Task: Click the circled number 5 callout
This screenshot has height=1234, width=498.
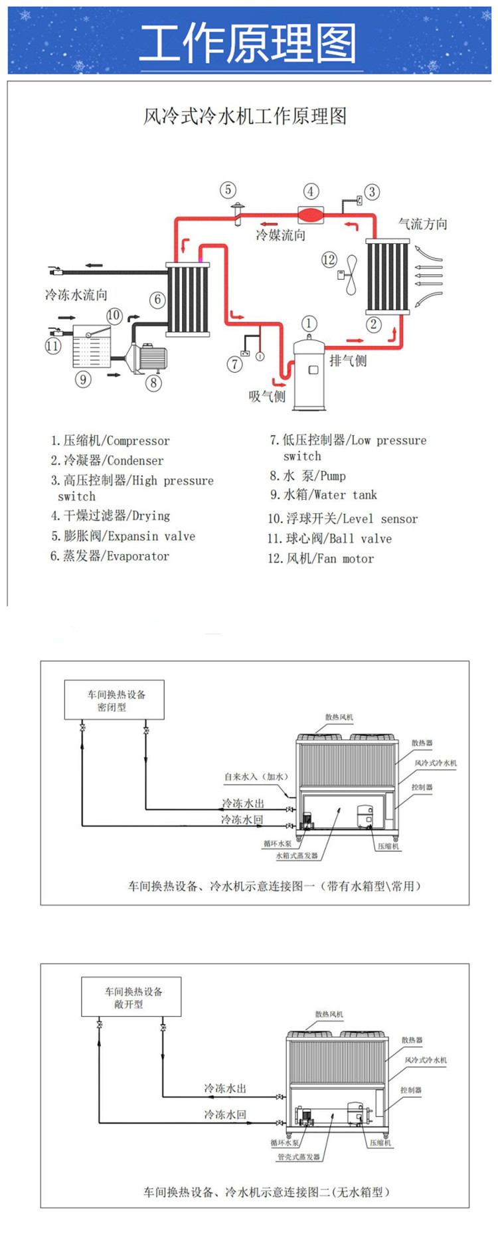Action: [x=228, y=190]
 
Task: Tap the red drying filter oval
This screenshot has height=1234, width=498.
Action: [x=310, y=214]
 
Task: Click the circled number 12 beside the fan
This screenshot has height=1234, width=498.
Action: [x=329, y=259]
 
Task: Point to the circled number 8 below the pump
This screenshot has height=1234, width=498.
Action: [x=153, y=382]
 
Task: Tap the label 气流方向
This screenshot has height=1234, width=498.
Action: [x=423, y=224]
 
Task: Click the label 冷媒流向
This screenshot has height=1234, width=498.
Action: [x=281, y=235]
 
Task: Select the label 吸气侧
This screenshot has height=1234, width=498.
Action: [x=267, y=397]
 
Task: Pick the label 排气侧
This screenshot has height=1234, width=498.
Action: [x=348, y=361]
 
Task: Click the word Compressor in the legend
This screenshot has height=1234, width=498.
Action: [x=138, y=441]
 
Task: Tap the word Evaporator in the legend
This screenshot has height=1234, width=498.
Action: [x=138, y=556]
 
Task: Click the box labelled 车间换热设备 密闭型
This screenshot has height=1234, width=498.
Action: [x=114, y=700]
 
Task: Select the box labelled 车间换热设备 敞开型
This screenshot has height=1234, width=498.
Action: [x=131, y=997]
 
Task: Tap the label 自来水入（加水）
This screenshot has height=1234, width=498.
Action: [x=256, y=776]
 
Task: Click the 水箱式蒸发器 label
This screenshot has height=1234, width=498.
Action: [x=297, y=856]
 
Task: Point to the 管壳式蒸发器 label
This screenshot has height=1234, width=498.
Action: [x=299, y=1157]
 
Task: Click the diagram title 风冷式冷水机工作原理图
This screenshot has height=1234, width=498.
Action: [x=245, y=116]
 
